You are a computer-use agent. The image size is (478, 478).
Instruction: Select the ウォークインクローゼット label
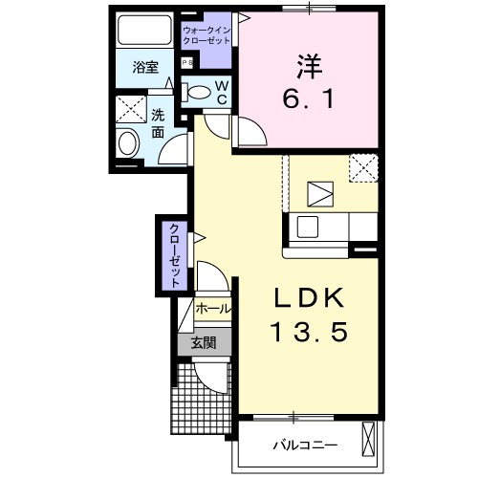point(206,36)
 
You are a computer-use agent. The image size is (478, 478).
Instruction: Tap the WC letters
point(221,93)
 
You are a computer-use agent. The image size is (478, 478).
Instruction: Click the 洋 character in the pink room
point(306,68)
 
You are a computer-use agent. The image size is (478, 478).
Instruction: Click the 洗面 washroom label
point(158,123)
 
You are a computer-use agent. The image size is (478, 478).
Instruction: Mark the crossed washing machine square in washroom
point(129,108)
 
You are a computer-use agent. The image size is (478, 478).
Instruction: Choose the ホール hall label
point(211,309)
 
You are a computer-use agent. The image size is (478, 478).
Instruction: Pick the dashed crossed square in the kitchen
point(363,167)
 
